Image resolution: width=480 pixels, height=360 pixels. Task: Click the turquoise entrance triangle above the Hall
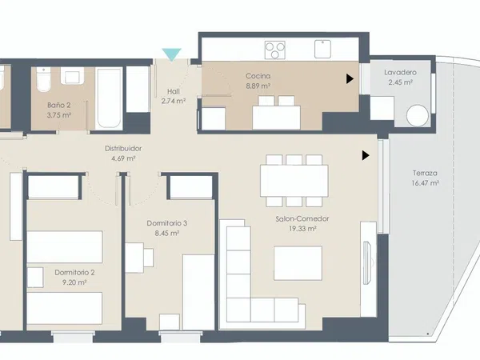tap(171, 54)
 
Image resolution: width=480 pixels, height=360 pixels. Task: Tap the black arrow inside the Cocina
tap(350, 79)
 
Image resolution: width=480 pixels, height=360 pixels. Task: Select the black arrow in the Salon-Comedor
tap(366, 155)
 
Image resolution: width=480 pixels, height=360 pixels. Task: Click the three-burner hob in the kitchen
tap(275, 50)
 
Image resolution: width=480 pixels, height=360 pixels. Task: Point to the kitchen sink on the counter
tap(322, 49)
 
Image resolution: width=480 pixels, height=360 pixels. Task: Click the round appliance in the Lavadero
tap(417, 116)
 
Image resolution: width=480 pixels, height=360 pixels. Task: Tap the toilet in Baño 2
tap(43, 79)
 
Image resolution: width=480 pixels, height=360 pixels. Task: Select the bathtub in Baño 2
tap(109, 98)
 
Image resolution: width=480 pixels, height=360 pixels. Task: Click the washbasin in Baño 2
tap(72, 76)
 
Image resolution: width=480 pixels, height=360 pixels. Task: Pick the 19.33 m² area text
tap(302, 229)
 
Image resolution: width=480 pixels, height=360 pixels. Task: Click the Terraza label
tap(425, 173)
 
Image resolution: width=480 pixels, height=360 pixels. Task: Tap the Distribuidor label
tap(123, 149)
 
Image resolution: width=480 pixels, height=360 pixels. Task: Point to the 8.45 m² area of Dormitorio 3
tap(167, 234)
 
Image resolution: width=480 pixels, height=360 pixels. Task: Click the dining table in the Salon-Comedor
tap(294, 181)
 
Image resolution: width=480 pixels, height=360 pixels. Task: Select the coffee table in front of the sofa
tap(298, 263)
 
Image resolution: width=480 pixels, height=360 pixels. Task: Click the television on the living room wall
tap(367, 263)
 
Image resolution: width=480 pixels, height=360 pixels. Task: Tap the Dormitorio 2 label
tap(74, 273)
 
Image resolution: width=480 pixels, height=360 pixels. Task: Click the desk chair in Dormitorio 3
tap(149, 258)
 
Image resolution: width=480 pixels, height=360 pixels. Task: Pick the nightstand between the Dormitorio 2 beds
tap(35, 278)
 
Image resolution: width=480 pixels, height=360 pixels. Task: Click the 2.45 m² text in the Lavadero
tap(401, 82)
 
